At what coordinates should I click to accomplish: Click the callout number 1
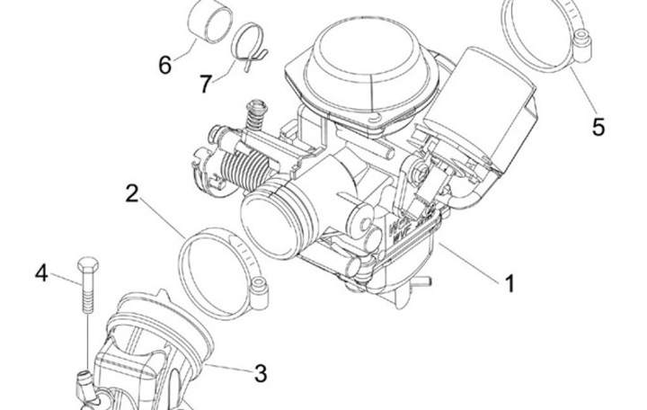pyautogui.click(x=509, y=285)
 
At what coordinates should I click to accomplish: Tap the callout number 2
pyautogui.click(x=132, y=193)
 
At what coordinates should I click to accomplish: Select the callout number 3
pyautogui.click(x=260, y=370)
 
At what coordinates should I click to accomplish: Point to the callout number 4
pyautogui.click(x=41, y=272)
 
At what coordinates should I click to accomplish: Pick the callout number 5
pyautogui.click(x=598, y=126)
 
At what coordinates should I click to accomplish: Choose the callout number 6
pyautogui.click(x=165, y=65)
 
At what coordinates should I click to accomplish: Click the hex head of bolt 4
pyautogui.click(x=87, y=268)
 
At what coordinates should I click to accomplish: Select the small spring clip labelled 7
pyautogui.click(x=247, y=44)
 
